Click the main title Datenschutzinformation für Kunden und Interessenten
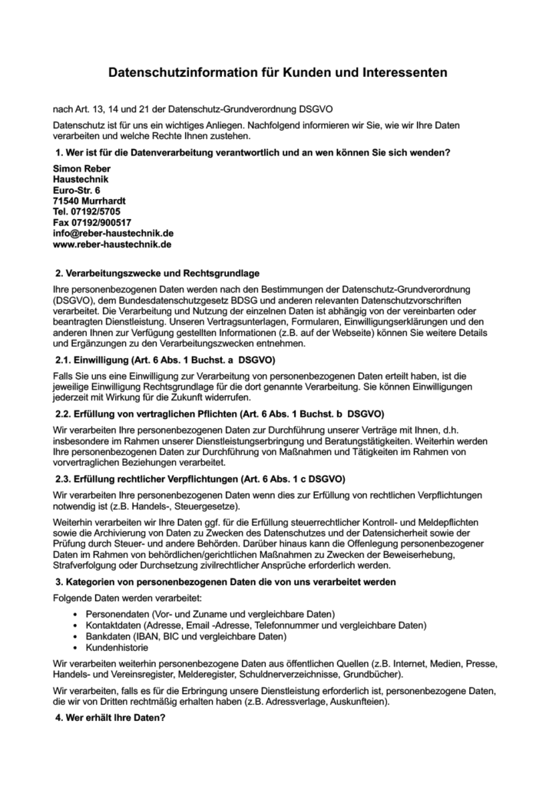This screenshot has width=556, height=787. tap(276, 73)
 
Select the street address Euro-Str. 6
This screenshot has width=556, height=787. tap(77, 190)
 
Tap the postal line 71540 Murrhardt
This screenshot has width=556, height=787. tap(90, 201)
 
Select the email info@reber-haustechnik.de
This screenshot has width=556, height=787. tap(113, 233)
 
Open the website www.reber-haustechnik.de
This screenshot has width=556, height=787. tap(112, 244)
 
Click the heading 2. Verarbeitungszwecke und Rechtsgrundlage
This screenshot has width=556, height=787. tap(157, 273)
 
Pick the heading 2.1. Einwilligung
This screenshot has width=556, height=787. tap(165, 360)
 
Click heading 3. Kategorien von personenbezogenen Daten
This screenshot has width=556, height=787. tap(226, 583)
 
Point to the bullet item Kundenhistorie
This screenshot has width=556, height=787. tap(115, 648)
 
